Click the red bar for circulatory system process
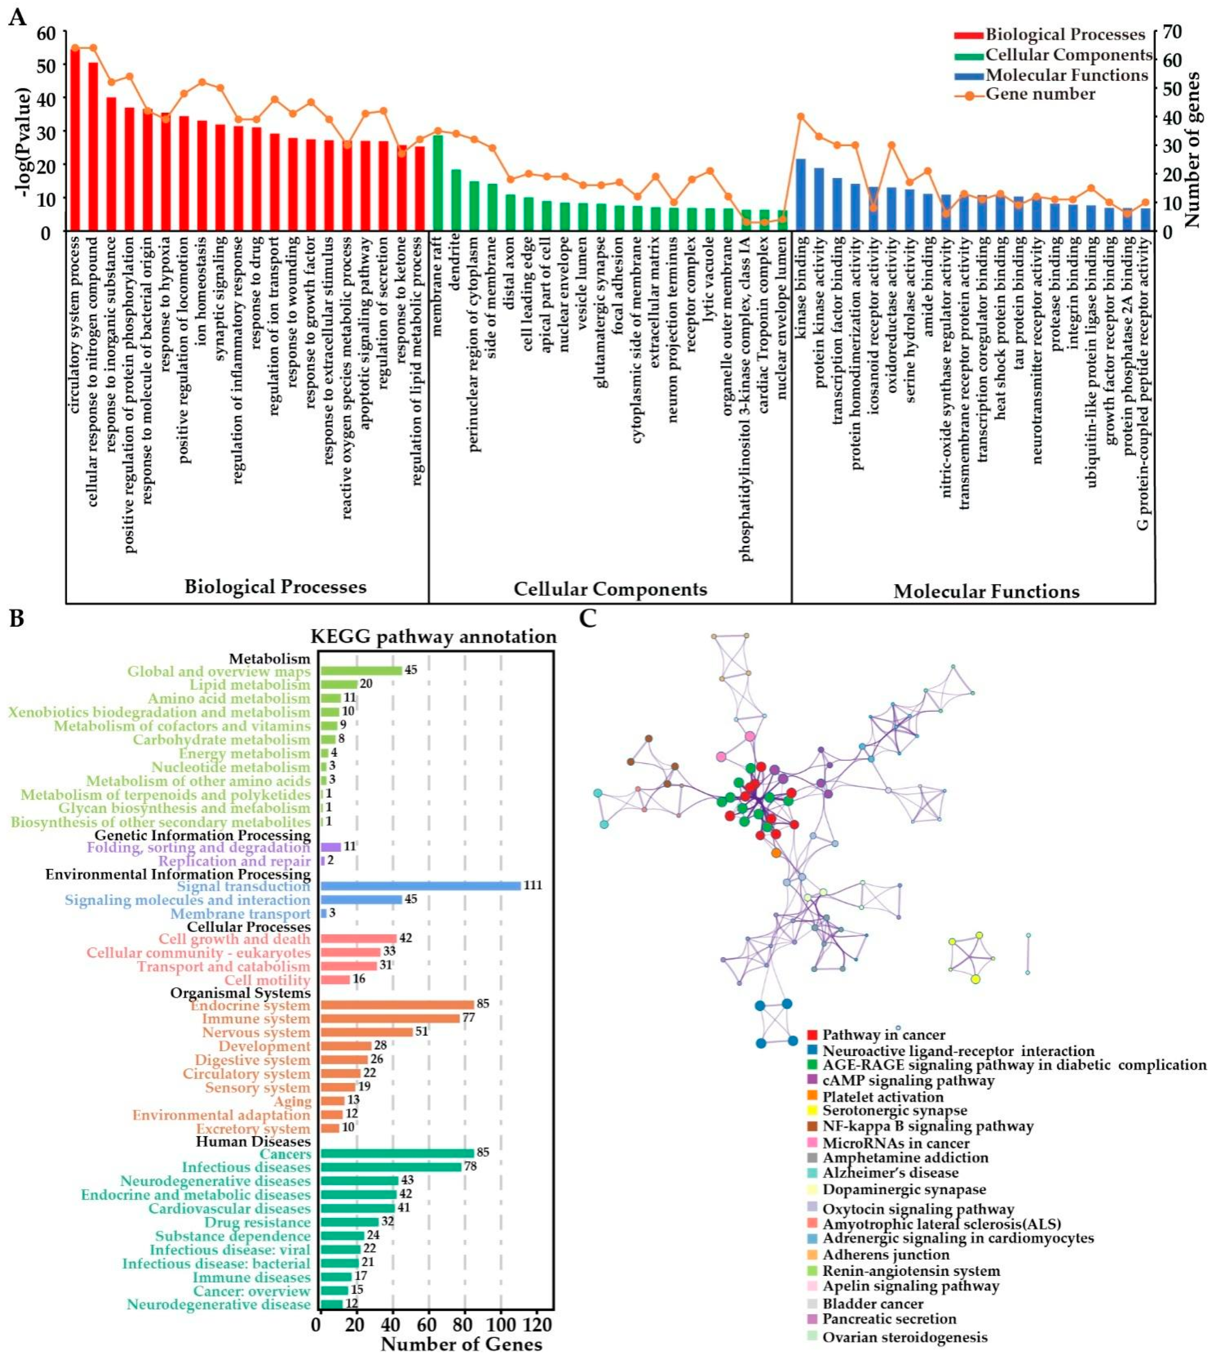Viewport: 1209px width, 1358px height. click(x=75, y=140)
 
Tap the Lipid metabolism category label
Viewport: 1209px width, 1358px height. click(x=249, y=684)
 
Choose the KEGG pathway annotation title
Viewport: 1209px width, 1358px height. click(x=433, y=637)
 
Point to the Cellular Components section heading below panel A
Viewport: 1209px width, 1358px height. click(x=610, y=589)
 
